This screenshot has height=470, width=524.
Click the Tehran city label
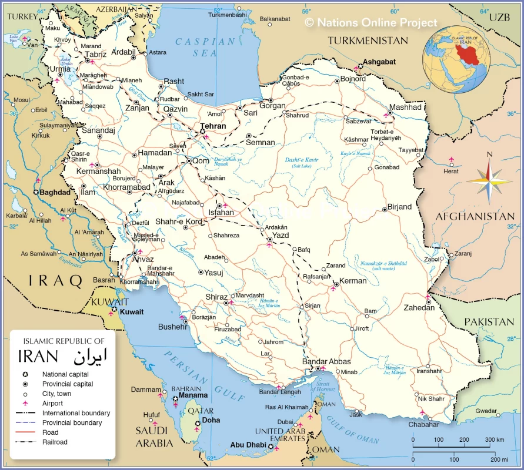click(x=213, y=126)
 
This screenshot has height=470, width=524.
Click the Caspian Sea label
click(x=204, y=46)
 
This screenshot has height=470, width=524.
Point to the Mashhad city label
click(x=405, y=108)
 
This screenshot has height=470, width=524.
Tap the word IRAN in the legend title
click(x=38, y=357)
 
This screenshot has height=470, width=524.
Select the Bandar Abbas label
click(x=326, y=361)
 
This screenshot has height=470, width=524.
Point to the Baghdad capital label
click(x=55, y=192)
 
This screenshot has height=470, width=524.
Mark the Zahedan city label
click(x=419, y=308)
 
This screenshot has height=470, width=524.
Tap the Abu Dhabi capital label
click(x=248, y=445)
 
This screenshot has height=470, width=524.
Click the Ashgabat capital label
click(x=379, y=62)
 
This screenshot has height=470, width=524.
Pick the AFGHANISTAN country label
click(x=475, y=217)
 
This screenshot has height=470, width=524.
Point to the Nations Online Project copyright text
click(x=371, y=22)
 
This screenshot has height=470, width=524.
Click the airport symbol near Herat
click(x=451, y=160)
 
